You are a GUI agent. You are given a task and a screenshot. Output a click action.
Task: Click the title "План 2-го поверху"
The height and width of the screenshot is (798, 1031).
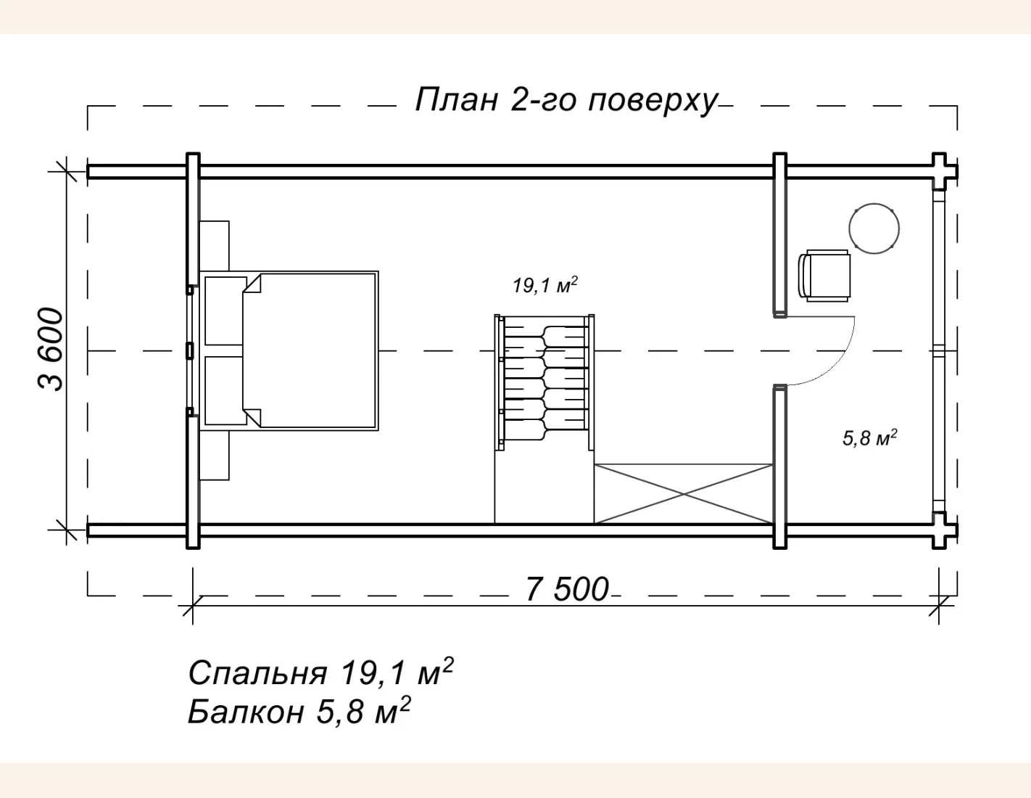[566, 100]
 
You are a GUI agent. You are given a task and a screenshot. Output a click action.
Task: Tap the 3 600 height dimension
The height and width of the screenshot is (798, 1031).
[51, 349]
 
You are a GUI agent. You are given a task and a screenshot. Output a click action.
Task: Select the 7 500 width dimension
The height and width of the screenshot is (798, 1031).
[567, 589]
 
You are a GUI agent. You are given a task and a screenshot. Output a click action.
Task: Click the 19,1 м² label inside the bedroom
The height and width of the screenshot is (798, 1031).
[545, 285]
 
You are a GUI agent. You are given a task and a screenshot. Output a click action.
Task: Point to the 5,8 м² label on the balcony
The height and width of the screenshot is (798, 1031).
[869, 437]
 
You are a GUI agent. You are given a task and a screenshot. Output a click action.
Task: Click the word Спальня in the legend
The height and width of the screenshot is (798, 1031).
[257, 673]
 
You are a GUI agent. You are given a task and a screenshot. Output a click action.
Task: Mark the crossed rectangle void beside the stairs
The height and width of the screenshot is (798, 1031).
[683, 494]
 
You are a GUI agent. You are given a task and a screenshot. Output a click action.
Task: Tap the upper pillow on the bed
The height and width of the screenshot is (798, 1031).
[224, 310]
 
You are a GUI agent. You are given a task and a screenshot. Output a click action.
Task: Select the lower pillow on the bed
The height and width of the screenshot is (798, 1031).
[224, 390]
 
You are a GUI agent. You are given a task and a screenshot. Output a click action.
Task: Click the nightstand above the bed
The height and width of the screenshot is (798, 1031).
[215, 246]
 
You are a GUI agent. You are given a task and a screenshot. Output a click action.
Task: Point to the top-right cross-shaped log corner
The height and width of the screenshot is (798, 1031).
[940, 171]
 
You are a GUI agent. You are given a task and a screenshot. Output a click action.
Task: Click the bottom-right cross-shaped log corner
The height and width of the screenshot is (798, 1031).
[940, 530]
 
